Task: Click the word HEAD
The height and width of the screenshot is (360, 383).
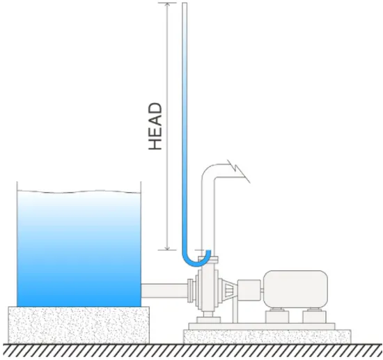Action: tap(155, 126)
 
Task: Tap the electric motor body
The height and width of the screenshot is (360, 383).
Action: tap(295, 289)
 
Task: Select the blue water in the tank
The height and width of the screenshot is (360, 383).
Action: tap(79, 249)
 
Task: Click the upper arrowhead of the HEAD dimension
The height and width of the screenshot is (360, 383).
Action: tap(167, 5)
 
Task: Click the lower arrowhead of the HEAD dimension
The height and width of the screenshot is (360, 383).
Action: tap(167, 248)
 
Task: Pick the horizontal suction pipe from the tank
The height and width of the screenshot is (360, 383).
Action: tap(164, 290)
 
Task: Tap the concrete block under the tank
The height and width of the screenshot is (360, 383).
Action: tap(79, 324)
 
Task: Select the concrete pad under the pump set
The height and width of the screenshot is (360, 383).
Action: tap(267, 336)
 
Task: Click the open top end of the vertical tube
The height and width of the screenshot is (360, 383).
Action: tap(185, 3)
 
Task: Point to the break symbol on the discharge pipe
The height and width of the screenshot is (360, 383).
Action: tap(239, 171)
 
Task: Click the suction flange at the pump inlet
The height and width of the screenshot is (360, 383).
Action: tap(191, 290)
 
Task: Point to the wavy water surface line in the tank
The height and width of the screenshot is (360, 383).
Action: tap(79, 191)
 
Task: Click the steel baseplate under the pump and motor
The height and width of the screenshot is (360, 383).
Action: tap(262, 327)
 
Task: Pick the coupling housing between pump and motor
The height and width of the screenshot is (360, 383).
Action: tap(249, 290)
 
